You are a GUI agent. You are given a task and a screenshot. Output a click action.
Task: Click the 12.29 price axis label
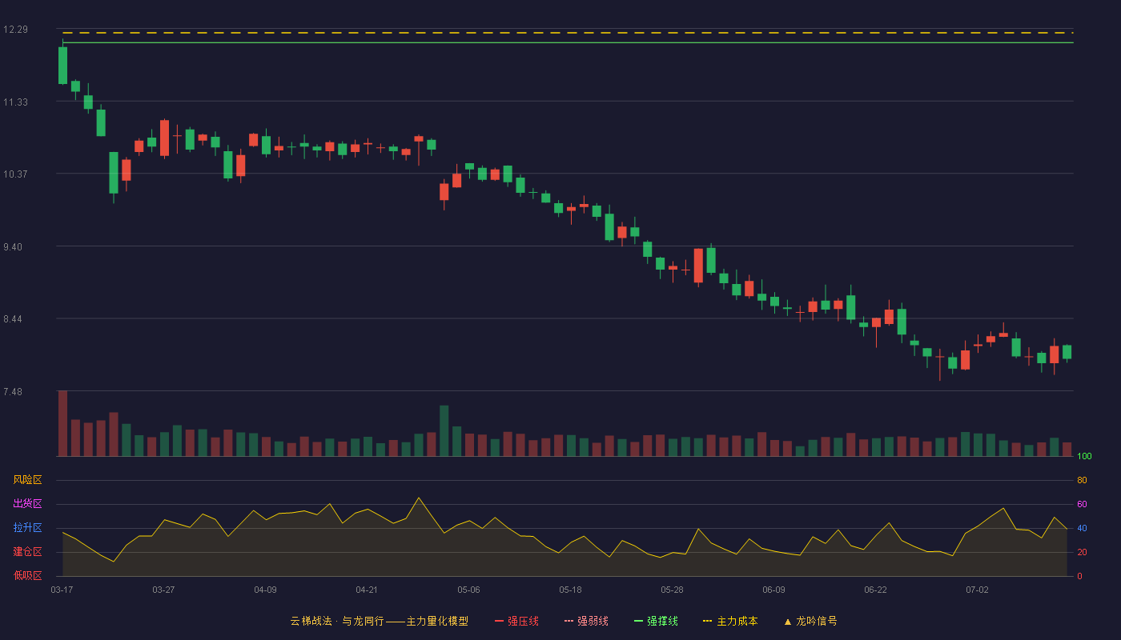tap(15, 30)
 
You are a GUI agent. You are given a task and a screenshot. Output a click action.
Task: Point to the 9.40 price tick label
tap(13, 247)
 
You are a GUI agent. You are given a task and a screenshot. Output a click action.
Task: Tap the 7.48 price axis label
tap(13, 391)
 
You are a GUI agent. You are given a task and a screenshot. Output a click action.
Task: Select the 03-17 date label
tap(62, 590)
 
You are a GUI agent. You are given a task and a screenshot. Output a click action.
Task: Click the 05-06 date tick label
tap(468, 590)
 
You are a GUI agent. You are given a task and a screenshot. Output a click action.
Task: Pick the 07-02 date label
tap(977, 590)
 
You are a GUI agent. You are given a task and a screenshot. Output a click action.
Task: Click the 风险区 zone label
tap(27, 480)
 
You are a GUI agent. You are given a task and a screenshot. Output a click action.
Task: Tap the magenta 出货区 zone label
tap(27, 503)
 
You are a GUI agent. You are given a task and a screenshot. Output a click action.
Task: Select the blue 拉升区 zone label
tap(27, 527)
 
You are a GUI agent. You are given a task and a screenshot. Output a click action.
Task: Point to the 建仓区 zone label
tap(27, 551)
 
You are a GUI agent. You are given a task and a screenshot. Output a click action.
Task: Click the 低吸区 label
tap(27, 575)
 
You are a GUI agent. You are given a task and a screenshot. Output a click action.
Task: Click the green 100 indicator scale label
tap(1084, 456)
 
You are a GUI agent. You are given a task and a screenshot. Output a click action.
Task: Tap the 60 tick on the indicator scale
tap(1082, 504)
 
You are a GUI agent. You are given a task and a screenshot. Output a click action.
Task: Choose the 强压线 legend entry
tap(516, 621)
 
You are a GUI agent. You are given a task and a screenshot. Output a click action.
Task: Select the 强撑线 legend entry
tap(656, 621)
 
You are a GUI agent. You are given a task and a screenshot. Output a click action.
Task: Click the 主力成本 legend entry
tap(730, 621)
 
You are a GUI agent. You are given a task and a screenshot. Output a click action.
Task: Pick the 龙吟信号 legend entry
tap(810, 621)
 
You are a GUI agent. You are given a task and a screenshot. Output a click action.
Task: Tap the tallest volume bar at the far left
tap(62, 423)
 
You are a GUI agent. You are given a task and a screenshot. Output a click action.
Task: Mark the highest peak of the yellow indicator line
tap(419, 498)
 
